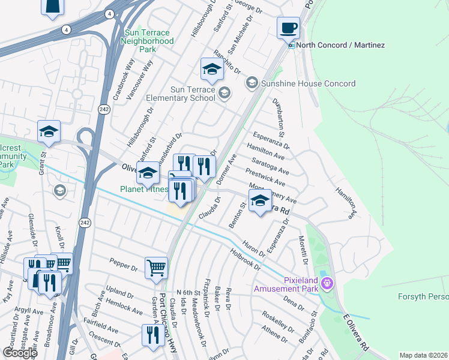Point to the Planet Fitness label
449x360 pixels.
143,189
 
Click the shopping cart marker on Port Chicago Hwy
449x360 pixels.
156,267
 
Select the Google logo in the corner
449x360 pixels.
20,353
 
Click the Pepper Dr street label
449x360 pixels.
124,262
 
